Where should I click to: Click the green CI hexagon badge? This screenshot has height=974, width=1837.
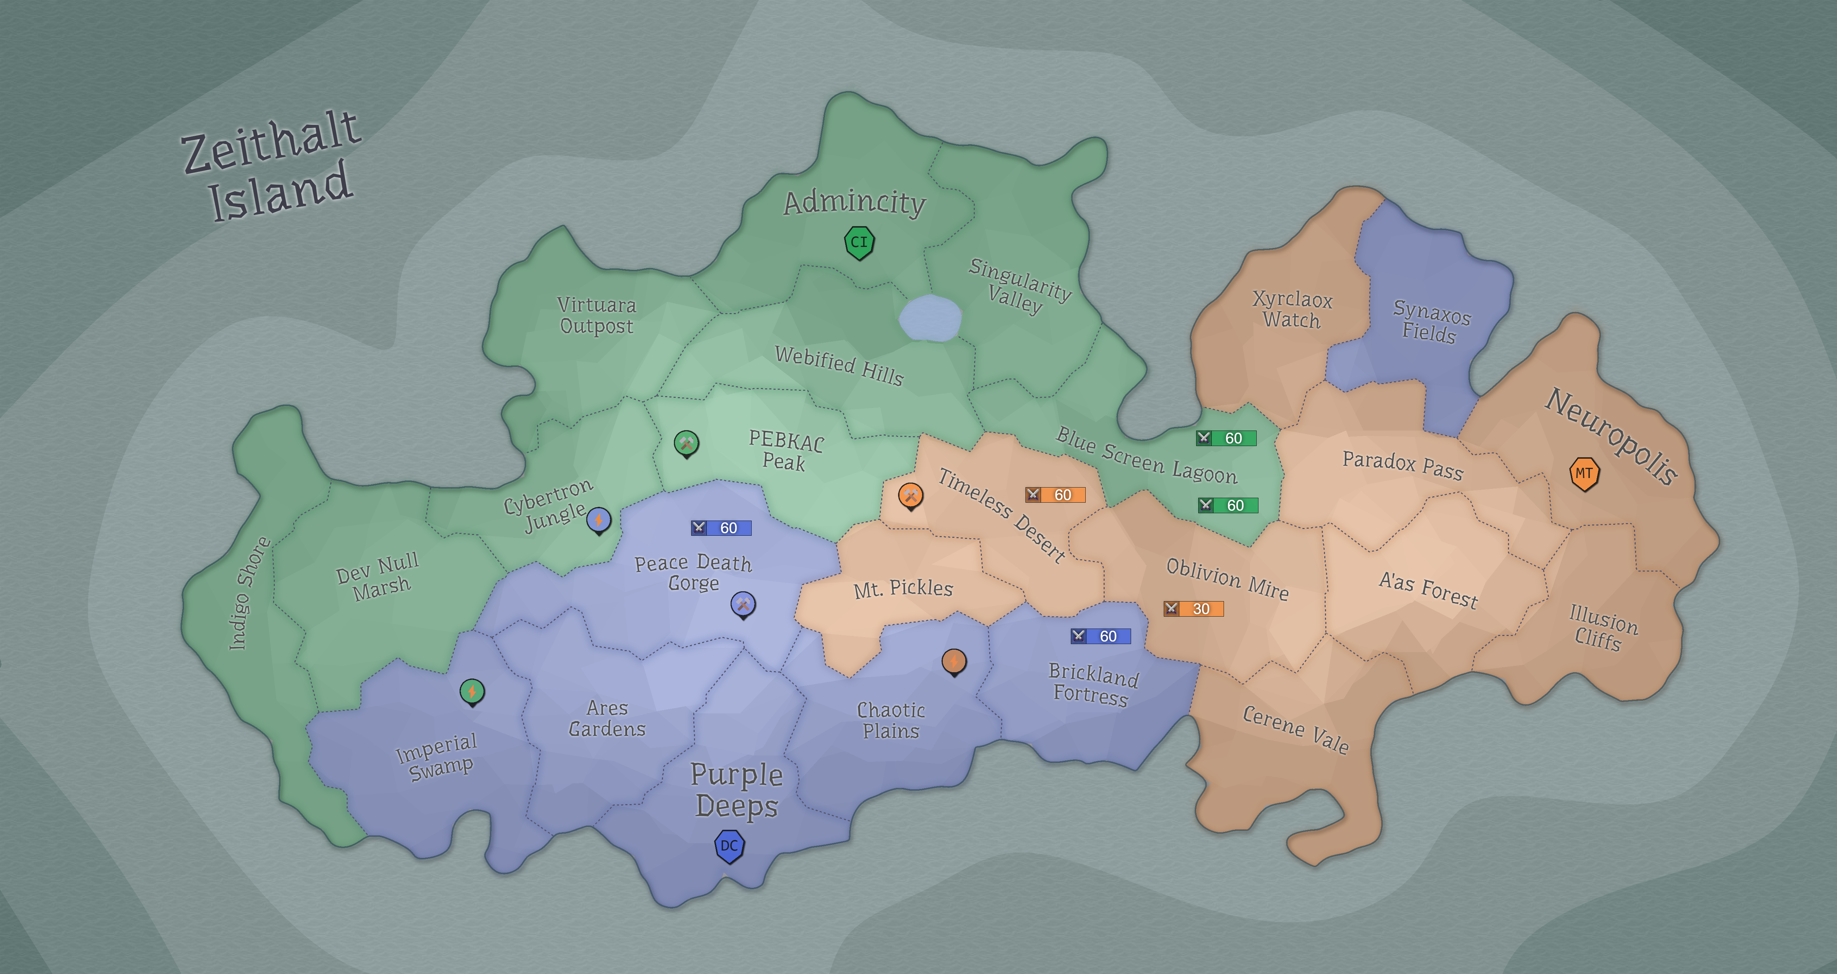(x=859, y=242)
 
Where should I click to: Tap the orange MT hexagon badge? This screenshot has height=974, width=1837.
(x=1584, y=473)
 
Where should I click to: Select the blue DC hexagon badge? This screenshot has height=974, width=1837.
(x=729, y=846)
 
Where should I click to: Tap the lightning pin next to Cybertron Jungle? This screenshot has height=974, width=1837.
(x=598, y=521)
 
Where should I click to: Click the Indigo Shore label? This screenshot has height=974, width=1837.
(x=249, y=593)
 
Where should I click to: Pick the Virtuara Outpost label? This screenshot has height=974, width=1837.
(x=596, y=315)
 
